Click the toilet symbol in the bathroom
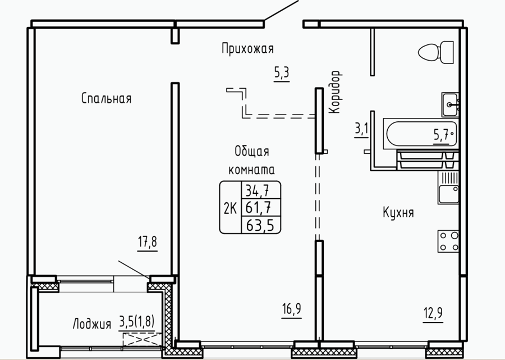tap(436, 52)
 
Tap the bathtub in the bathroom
tap(421, 134)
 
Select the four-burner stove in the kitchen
tap(448, 241)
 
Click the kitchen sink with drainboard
tap(448, 188)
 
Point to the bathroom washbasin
tap(450, 104)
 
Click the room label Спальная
tap(106, 98)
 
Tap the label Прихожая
tap(247, 49)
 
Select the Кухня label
tap(398, 212)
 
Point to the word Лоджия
tap(92, 324)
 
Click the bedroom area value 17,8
tap(148, 242)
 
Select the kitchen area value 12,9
tap(433, 313)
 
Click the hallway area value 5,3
tap(282, 73)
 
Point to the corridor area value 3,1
tap(361, 130)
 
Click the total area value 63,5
tap(260, 225)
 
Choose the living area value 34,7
tap(258, 191)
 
